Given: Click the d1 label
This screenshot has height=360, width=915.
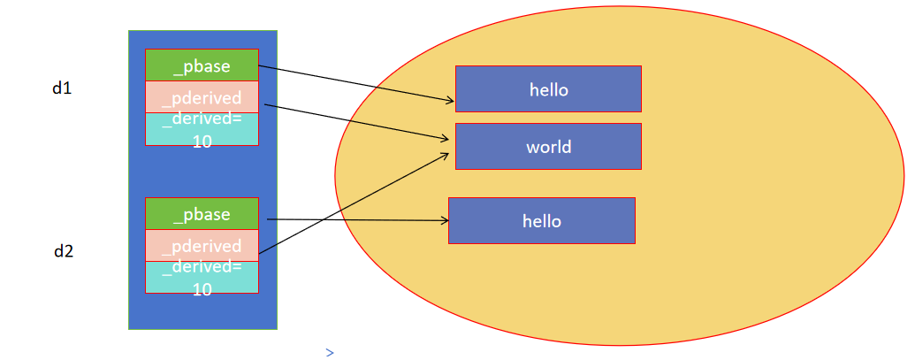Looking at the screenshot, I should tap(62, 88).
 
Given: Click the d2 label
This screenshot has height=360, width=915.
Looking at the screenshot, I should tap(64, 250).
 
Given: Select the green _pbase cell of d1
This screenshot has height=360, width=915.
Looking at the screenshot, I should tap(202, 65).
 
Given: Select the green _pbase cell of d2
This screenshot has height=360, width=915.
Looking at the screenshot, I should tap(202, 215).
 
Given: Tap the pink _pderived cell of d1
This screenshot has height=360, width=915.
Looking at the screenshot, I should tap(202, 97).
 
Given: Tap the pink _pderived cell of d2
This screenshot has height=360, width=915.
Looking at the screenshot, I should tap(202, 246).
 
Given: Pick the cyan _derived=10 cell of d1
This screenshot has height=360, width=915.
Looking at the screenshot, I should tap(202, 129).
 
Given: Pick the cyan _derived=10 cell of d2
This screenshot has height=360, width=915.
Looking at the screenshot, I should tap(202, 277).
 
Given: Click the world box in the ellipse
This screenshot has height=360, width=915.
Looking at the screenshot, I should tap(548, 146).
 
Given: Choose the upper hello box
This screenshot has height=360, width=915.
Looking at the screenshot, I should tap(548, 89).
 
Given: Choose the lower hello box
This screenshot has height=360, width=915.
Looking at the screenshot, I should tap(541, 220).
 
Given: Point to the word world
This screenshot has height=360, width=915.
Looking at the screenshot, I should tap(549, 147).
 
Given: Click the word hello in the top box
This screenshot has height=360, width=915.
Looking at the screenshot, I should tap(548, 89).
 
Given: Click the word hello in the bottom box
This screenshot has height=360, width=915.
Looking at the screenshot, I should tap(541, 220).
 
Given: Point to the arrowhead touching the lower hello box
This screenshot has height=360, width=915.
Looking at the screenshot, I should tap(443, 221).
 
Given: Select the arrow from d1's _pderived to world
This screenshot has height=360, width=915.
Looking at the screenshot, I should tap(354, 122).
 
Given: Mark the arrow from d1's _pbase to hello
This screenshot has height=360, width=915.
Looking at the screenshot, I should tap(354, 85).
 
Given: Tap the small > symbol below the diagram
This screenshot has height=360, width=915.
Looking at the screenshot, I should tap(330, 353).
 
